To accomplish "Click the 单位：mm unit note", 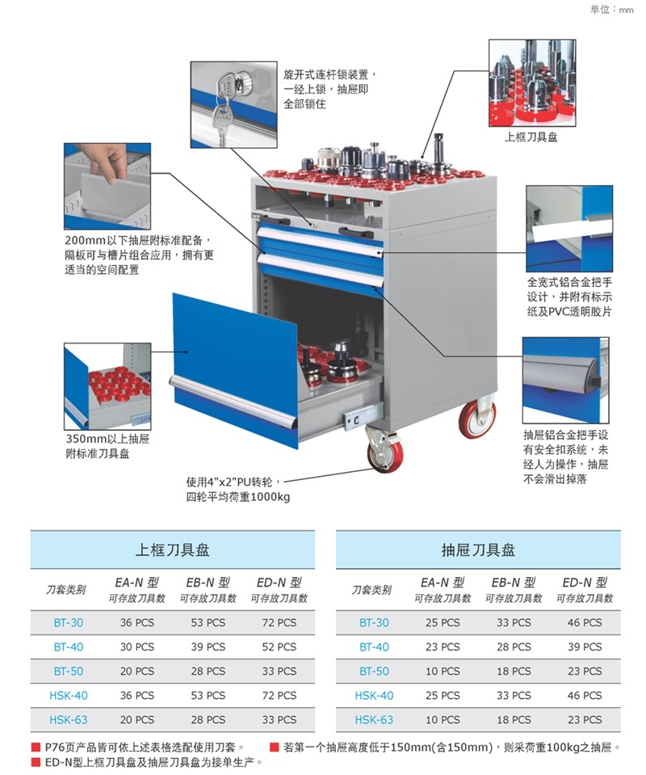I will tap(613, 10).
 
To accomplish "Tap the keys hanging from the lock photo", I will tap(220, 117).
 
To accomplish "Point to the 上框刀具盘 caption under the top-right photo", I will tap(531, 137).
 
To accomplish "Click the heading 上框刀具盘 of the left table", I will tap(172, 550).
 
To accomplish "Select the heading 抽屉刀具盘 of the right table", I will tap(478, 550).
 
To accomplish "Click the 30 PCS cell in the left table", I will tap(136, 647).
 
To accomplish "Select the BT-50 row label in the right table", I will tap(374, 671).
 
